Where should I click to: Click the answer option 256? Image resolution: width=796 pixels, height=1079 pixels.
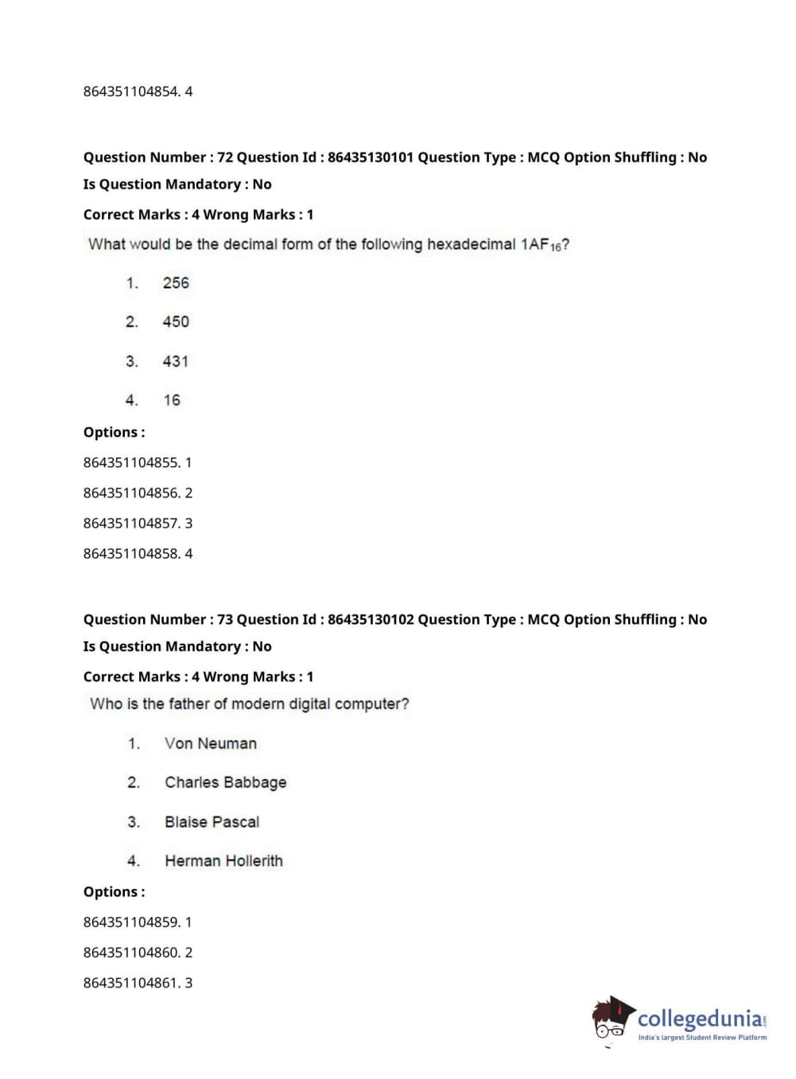(x=176, y=283)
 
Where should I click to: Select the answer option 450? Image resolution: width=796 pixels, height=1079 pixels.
(x=176, y=322)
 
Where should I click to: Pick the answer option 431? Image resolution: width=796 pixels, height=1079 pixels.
(x=176, y=361)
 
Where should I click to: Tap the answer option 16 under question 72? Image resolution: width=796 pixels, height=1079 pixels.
(x=172, y=400)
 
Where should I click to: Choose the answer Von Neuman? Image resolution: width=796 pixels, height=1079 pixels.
(x=211, y=744)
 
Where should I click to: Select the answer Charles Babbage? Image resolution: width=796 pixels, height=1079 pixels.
(x=225, y=783)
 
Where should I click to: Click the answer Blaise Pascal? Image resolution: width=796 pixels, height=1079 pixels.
(x=212, y=822)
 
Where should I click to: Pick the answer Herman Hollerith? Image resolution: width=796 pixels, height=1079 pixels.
(x=223, y=861)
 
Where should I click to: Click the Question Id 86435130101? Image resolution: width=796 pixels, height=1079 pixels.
(x=371, y=158)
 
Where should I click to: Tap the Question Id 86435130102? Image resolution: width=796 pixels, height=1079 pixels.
(x=371, y=620)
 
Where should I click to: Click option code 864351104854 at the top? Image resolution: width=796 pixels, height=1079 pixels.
(x=130, y=92)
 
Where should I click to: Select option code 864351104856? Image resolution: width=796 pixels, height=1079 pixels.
(x=130, y=493)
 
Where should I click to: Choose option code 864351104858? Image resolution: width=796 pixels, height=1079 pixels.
(x=130, y=554)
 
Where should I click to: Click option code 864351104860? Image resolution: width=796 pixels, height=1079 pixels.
(x=130, y=952)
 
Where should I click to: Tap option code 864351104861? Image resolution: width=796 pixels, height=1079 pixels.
(x=130, y=983)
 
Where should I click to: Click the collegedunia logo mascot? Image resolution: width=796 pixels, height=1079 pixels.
(x=612, y=1019)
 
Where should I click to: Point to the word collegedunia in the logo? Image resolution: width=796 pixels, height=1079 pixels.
(x=700, y=1019)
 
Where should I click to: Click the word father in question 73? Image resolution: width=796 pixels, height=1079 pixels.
(x=190, y=704)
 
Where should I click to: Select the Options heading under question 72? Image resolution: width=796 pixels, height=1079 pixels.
(x=114, y=433)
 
